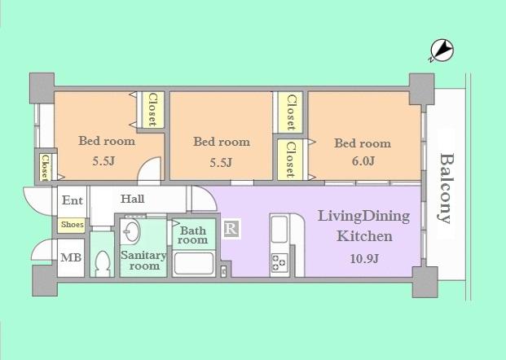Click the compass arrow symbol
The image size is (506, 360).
coord(441,51)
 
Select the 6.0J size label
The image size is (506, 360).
coord(362,160)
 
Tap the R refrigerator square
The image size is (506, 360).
coord(231,229)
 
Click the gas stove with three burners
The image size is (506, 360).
coord(279,263)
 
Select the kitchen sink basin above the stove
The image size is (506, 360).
coord(279,230)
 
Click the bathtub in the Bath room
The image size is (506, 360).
coord(194,264)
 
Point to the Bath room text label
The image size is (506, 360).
coord(194,235)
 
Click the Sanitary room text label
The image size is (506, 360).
coord(143,261)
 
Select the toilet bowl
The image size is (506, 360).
coord(103,262)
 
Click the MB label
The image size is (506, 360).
coord(70,258)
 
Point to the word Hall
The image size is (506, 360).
coord(133,199)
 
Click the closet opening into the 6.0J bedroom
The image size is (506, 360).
coord(289,160)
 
